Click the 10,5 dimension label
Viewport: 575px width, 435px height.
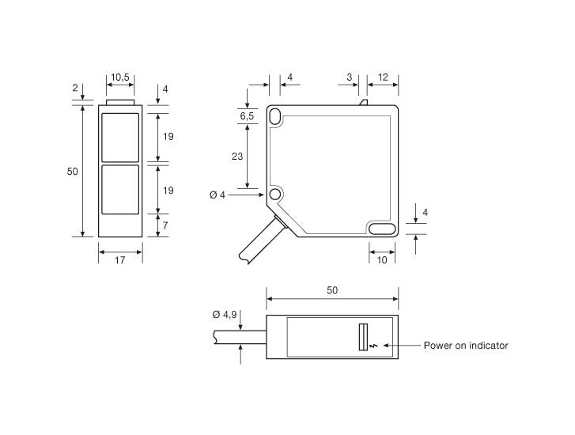120,78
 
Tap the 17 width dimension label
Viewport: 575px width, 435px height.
120,260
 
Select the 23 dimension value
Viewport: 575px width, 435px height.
237,157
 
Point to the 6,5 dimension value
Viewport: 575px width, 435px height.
247,116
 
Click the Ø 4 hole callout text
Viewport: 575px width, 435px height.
217,195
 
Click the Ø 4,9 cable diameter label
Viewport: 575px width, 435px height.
225,315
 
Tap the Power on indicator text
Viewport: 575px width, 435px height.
466,346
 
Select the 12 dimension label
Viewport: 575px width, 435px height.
383,78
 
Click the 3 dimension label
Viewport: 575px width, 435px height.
349,78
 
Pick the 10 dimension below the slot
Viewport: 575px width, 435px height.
382,260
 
